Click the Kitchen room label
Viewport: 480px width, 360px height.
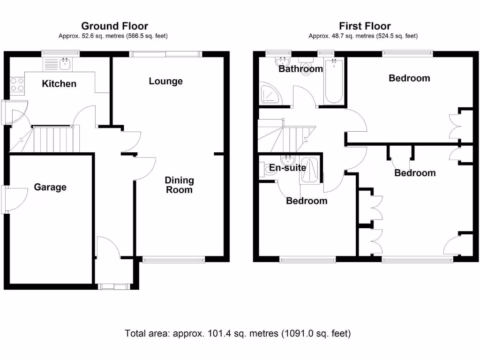[x=59, y=84]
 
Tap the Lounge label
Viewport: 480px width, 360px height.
[x=165, y=81]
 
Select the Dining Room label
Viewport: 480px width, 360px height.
[x=179, y=185]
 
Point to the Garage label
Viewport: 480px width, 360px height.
[x=50, y=187]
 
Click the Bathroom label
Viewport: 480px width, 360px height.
[x=300, y=69]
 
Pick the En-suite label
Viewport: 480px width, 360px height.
[x=287, y=168]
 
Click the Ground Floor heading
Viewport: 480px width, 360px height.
[x=114, y=26]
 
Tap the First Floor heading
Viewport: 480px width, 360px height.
[x=365, y=26]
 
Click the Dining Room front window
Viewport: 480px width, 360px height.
[x=173, y=259]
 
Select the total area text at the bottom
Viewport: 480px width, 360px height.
[x=238, y=334]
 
